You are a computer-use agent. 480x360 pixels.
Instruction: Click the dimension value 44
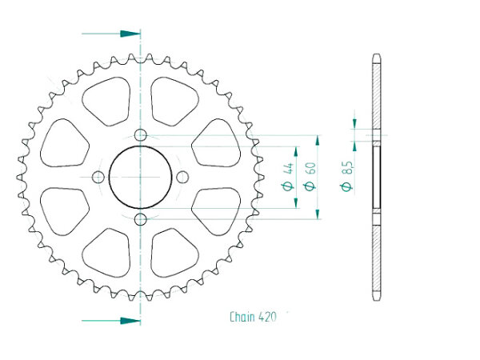click(x=289, y=168)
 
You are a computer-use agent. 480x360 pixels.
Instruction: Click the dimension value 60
click(x=310, y=168)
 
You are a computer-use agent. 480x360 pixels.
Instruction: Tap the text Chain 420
click(x=253, y=317)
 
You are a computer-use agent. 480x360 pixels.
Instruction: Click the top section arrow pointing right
click(x=111, y=34)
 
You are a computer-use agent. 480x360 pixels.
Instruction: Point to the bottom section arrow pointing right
click(x=111, y=321)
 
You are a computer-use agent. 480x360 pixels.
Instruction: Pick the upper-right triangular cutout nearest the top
click(x=174, y=101)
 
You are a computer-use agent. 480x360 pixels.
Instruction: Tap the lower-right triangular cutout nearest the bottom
click(x=174, y=253)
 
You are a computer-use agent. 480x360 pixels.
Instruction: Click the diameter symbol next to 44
click(x=288, y=186)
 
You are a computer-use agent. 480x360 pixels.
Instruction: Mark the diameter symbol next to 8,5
click(x=347, y=186)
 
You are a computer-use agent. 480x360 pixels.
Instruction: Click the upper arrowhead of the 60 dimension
click(x=318, y=142)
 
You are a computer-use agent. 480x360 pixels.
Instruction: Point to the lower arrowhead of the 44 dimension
click(x=296, y=202)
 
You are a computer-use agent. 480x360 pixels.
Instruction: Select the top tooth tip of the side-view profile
click(x=377, y=55)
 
